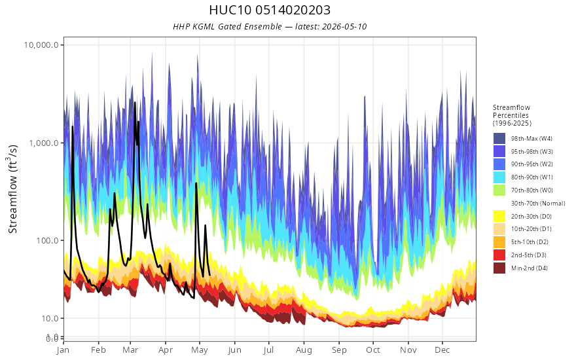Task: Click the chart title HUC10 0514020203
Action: click(x=270, y=10)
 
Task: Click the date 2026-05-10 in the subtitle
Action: click(x=344, y=26)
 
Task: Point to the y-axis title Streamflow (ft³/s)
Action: click(x=12, y=189)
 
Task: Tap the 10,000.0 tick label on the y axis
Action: click(x=41, y=45)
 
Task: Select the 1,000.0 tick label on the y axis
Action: click(x=44, y=143)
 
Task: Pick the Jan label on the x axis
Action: click(x=63, y=350)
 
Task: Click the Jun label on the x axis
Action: click(x=234, y=350)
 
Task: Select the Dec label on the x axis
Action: click(x=442, y=350)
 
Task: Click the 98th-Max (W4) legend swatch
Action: click(x=499, y=139)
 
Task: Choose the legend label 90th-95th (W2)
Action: click(x=531, y=164)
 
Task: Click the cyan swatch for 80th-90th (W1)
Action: click(x=499, y=177)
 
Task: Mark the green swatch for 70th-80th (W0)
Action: click(x=499, y=190)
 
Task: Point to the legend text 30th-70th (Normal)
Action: click(x=538, y=203)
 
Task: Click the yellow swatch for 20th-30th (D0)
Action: click(x=499, y=217)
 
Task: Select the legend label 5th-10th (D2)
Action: click(x=530, y=242)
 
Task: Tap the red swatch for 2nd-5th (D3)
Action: click(x=499, y=255)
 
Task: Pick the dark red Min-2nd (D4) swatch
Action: click(x=499, y=268)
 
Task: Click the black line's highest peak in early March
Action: click(x=135, y=103)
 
